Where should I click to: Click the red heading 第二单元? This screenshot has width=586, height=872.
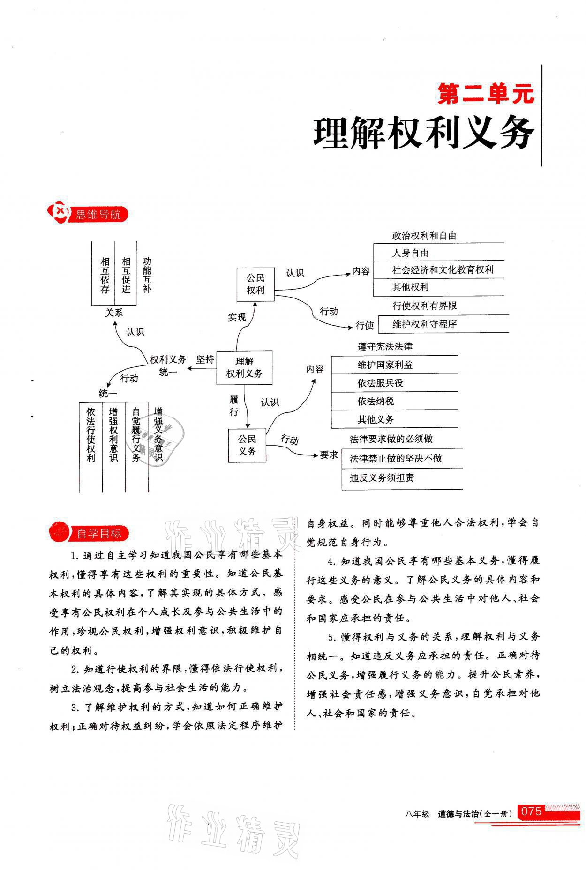click(485, 94)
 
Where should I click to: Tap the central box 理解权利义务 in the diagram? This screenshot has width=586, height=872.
click(244, 367)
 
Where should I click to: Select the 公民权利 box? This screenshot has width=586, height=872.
click(255, 284)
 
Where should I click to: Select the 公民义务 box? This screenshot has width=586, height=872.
click(247, 445)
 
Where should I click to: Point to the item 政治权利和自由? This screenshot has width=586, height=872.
click(424, 236)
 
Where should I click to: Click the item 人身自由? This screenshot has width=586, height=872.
click(410, 253)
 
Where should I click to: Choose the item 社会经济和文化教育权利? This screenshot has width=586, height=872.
click(443, 270)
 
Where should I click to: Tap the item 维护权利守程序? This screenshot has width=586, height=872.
click(424, 324)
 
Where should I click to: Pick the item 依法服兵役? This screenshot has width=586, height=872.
click(380, 383)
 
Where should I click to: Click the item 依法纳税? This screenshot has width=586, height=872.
click(376, 402)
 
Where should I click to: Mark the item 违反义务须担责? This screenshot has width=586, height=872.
click(382, 478)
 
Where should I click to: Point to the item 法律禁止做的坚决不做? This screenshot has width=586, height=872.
click(396, 459)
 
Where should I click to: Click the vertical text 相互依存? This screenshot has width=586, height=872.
click(105, 275)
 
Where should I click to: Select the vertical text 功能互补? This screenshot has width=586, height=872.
click(147, 275)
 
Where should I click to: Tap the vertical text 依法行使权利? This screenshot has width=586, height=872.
click(91, 434)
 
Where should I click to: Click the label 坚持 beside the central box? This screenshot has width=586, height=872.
click(205, 359)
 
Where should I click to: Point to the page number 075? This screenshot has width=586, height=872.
click(531, 812)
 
